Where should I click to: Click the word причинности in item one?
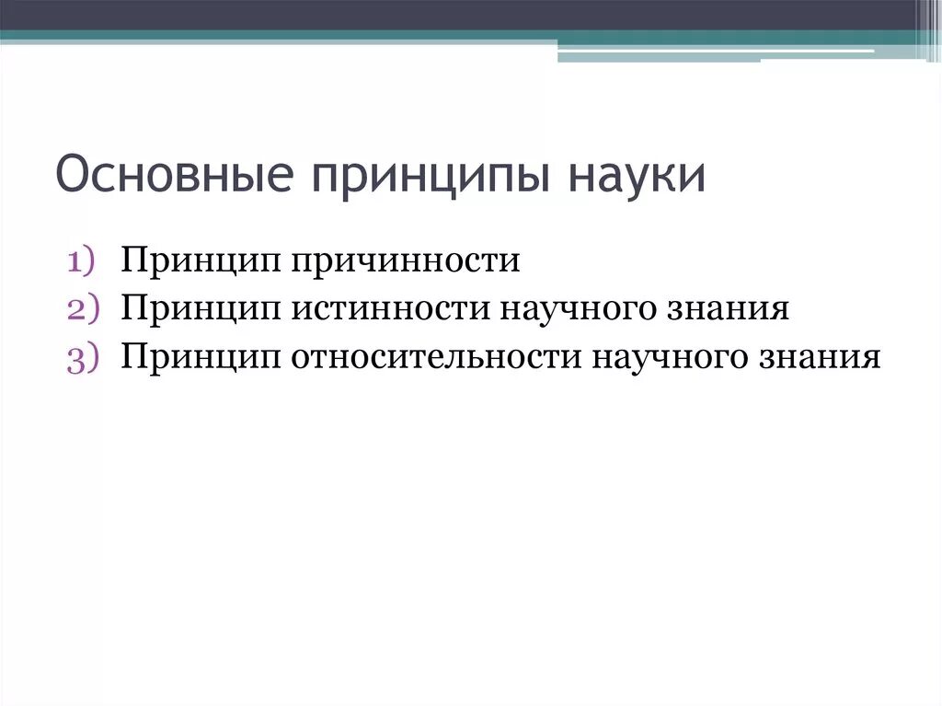pyautogui.click(x=408, y=261)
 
